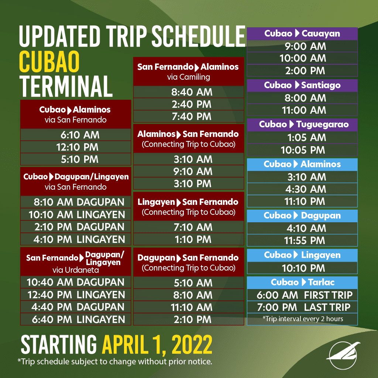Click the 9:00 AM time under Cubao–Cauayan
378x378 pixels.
click(305, 46)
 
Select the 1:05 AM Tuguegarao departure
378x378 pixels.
click(306, 138)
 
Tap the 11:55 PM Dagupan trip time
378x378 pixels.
click(305, 240)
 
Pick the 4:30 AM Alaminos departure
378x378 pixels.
click(306, 189)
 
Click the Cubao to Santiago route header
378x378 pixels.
click(302, 85)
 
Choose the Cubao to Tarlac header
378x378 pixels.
click(303, 282)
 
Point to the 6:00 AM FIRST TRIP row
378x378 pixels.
click(305, 295)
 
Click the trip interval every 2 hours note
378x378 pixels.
click(303, 319)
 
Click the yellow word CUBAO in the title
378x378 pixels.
click(49, 62)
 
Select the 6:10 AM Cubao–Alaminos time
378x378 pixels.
click(80, 135)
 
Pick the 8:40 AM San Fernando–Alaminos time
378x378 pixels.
click(192, 92)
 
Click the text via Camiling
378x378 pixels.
click(189, 77)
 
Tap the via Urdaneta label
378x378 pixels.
click(76, 270)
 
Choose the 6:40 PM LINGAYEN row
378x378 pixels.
click(78, 319)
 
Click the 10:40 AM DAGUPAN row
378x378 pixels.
click(75, 282)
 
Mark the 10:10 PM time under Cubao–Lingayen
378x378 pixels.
click(303, 268)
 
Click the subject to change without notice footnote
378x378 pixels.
click(115, 362)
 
